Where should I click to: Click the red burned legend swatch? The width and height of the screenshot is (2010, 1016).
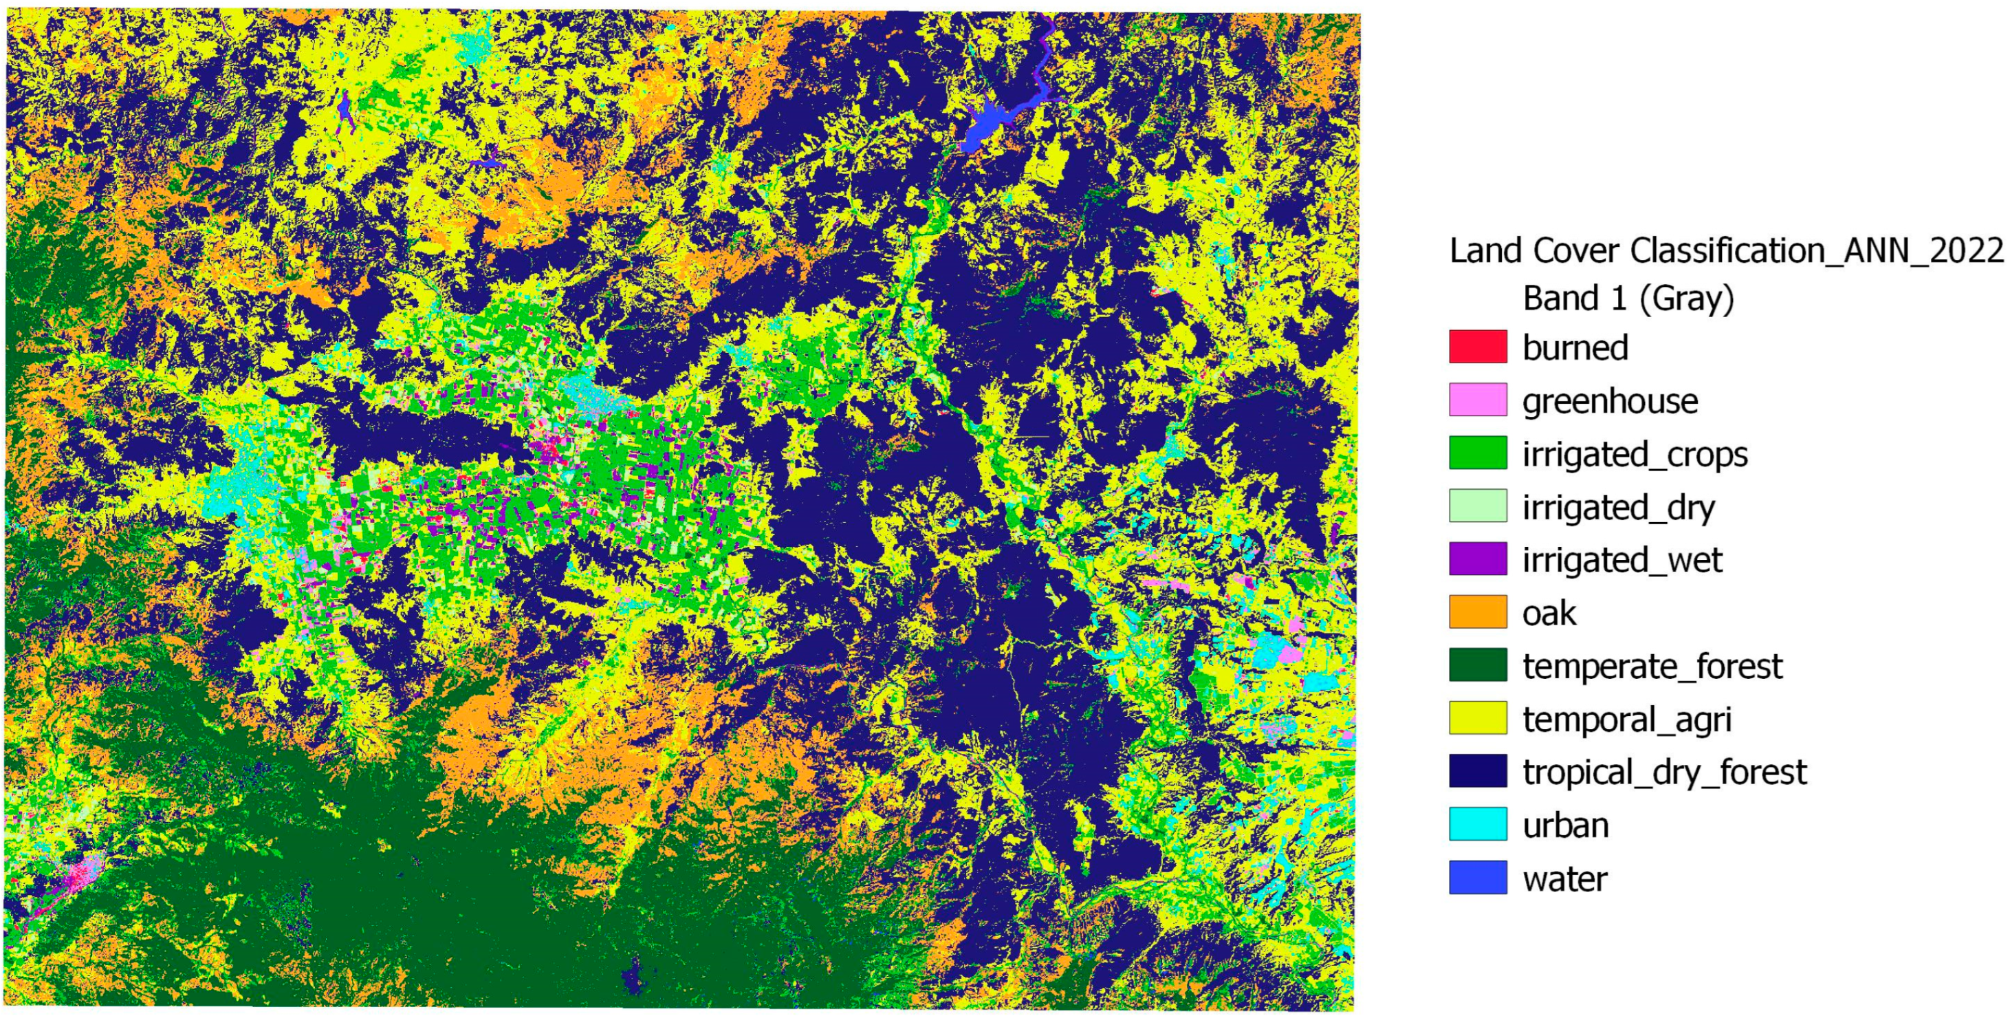tap(1477, 347)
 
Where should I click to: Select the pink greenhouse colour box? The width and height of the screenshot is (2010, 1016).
tap(1477, 400)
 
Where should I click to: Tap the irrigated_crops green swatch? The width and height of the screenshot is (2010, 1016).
tap(1477, 453)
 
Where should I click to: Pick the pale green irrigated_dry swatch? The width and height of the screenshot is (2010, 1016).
tap(1477, 506)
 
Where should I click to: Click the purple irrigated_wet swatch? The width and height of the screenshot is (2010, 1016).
tap(1477, 559)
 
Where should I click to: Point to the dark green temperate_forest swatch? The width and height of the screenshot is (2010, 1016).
tap(1477, 665)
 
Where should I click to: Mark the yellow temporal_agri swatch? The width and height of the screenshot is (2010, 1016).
tap(1477, 718)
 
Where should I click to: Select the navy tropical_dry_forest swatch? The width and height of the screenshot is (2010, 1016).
tap(1477, 771)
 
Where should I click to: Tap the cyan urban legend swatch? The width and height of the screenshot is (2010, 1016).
tap(1477, 824)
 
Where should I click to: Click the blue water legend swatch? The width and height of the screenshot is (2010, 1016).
tap(1477, 877)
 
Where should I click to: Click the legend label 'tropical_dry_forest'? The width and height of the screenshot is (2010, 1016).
tap(1664, 772)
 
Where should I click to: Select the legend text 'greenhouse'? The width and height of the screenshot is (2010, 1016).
tap(1609, 401)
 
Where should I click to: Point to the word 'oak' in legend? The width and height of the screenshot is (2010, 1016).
tap(1549, 614)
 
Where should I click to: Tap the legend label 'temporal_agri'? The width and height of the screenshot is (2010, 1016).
tap(1627, 720)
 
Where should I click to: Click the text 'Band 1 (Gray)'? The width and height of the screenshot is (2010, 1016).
tap(1628, 298)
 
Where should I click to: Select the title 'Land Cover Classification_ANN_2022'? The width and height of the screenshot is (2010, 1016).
tap(1726, 250)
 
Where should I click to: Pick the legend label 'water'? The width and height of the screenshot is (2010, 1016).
tap(1564, 878)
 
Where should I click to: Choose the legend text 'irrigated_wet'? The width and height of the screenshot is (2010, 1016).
tap(1621, 561)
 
